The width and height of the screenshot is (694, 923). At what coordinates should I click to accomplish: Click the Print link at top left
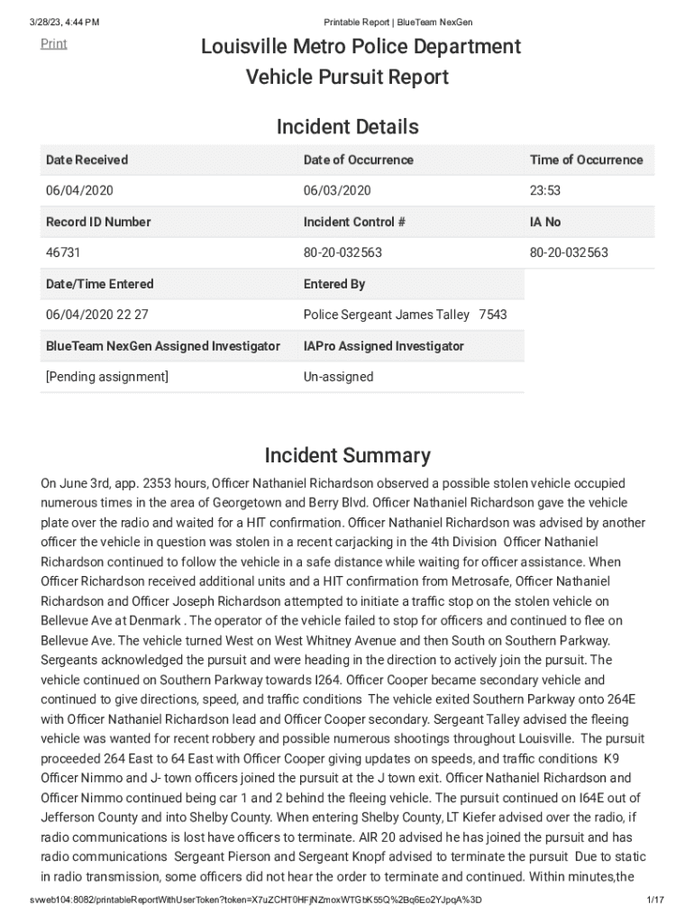(x=53, y=43)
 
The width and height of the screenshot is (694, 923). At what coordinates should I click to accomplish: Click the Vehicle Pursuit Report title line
(x=347, y=78)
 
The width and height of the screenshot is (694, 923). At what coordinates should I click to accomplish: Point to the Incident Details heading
(x=347, y=127)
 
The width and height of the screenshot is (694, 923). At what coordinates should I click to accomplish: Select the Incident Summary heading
(x=347, y=455)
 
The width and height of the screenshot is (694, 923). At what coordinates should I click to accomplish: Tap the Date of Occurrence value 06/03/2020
(x=337, y=191)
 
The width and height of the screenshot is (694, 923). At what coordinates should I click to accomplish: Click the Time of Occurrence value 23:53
(x=545, y=191)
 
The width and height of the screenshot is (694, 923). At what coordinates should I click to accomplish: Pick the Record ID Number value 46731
(x=63, y=252)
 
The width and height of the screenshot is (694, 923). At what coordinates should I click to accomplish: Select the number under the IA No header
(x=569, y=252)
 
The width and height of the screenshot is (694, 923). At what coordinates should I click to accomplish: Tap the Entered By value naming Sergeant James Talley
(x=405, y=315)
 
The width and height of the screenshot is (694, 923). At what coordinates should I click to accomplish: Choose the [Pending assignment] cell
(x=106, y=377)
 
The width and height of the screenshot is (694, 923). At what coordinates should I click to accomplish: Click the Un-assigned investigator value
(x=338, y=377)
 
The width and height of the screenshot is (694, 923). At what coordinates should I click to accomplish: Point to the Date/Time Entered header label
(x=99, y=284)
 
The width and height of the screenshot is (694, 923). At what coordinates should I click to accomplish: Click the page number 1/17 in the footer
(x=655, y=900)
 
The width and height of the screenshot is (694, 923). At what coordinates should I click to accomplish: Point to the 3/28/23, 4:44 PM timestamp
(x=64, y=22)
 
